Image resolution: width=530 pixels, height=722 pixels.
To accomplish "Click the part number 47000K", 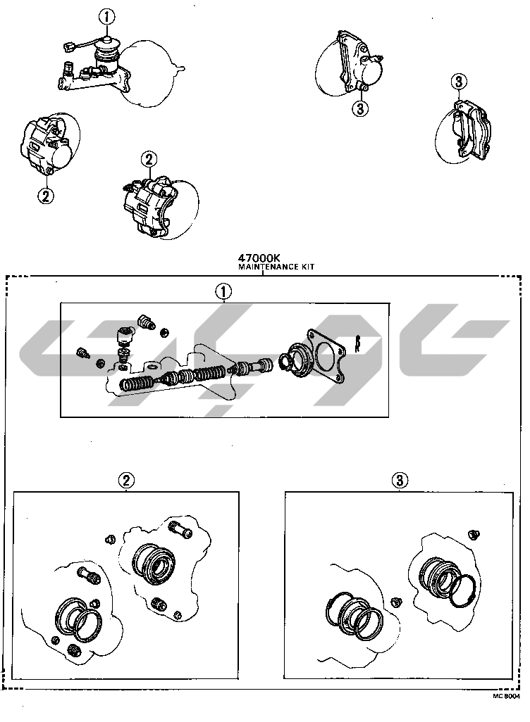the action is (x=259, y=258).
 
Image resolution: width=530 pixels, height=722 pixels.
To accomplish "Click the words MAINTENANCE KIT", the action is (x=276, y=267).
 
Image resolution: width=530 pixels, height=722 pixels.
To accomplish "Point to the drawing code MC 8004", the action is (x=506, y=696).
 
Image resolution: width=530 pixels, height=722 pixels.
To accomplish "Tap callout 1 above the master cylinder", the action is (x=106, y=18).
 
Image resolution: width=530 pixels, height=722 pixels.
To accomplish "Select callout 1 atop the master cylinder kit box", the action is (x=223, y=291).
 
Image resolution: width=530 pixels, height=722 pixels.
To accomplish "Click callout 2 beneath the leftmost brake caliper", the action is (x=45, y=196).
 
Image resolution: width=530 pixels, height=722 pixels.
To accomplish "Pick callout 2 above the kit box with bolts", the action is (x=126, y=481).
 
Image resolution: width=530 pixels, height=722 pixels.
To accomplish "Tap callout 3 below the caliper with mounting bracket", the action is (x=360, y=109).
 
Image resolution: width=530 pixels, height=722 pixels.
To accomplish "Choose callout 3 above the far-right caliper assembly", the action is (x=459, y=82).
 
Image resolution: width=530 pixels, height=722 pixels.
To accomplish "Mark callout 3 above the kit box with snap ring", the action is (x=400, y=481).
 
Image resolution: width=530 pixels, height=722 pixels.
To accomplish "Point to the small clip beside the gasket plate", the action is (x=357, y=343).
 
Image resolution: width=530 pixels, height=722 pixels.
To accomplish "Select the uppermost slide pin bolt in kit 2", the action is (x=181, y=529).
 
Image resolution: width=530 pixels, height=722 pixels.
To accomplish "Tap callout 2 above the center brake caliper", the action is (x=149, y=160).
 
